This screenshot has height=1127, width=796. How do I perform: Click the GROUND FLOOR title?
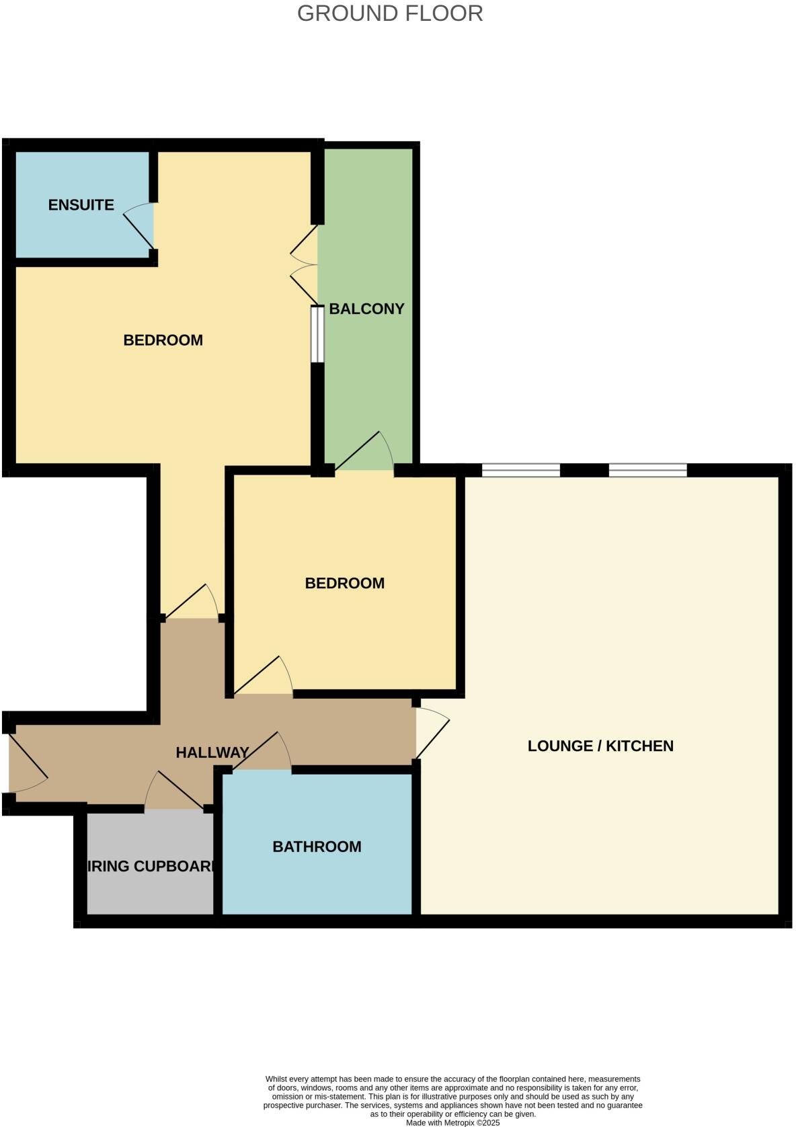pyautogui.click(x=390, y=13)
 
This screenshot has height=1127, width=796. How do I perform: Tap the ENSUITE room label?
pyautogui.click(x=81, y=205)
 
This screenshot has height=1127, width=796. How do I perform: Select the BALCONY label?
pyautogui.click(x=366, y=309)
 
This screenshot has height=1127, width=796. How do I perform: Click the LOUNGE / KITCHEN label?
pyautogui.click(x=600, y=746)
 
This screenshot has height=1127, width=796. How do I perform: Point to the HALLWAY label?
pyautogui.click(x=212, y=752)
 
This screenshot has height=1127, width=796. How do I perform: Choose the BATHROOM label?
pyautogui.click(x=317, y=847)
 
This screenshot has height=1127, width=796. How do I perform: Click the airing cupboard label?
pyautogui.click(x=151, y=866)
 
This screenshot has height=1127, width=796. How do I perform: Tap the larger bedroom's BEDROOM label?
pyautogui.click(x=163, y=340)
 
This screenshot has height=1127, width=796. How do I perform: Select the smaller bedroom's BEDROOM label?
pyautogui.click(x=345, y=583)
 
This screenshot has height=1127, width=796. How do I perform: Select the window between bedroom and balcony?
pyautogui.click(x=317, y=335)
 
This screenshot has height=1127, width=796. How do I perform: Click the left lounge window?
pyautogui.click(x=521, y=470)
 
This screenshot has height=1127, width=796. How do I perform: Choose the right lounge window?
pyautogui.click(x=648, y=470)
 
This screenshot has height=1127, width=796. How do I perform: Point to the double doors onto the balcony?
pyautogui.click(x=305, y=265)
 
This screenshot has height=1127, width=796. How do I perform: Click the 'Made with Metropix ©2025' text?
pyautogui.click(x=453, y=1122)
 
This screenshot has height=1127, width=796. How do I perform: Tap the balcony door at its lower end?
pyautogui.click(x=364, y=452)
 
